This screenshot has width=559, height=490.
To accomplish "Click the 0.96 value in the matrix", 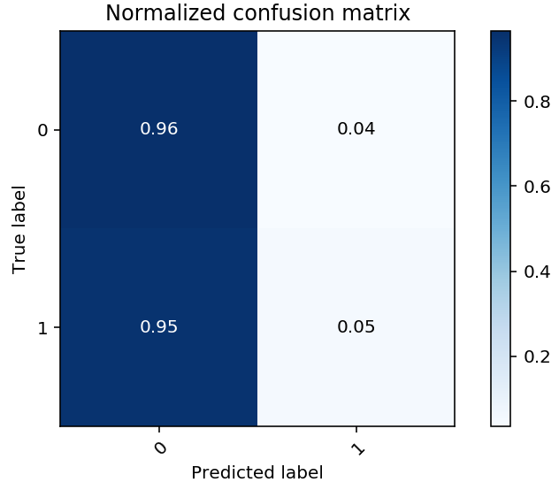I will (159, 129).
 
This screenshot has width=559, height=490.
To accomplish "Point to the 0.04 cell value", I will (356, 129).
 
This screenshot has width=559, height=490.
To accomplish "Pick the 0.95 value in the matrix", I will (159, 327).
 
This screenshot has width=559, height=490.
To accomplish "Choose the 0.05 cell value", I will (356, 327).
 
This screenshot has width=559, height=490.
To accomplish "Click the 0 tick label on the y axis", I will (42, 131).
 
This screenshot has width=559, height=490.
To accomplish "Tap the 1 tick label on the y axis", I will (42, 328).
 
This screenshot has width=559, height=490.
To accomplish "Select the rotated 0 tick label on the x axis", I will (159, 448).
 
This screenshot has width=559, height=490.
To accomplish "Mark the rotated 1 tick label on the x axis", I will (356, 448).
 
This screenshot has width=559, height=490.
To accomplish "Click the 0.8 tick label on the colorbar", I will (538, 102).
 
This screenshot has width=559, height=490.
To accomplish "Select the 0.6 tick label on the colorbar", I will (538, 187).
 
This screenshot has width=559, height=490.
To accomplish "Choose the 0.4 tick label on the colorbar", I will (538, 272).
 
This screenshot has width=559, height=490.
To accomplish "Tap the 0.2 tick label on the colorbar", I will (538, 356).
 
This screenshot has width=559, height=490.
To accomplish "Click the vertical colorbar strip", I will (501, 229).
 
